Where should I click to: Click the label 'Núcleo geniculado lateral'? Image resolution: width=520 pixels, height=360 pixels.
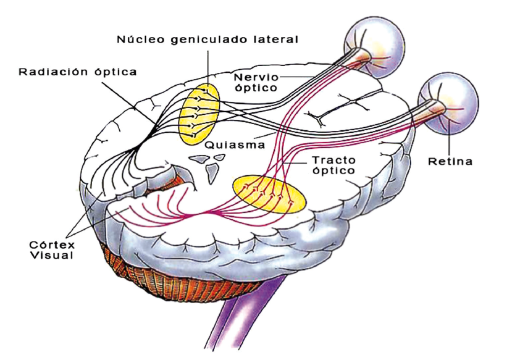pos(208,40)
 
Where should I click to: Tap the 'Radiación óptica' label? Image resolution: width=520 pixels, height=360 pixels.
pos(78,72)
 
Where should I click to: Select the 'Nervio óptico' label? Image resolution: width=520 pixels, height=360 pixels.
pos(256,83)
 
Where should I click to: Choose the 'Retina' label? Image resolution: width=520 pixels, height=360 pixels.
pos(450,162)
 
